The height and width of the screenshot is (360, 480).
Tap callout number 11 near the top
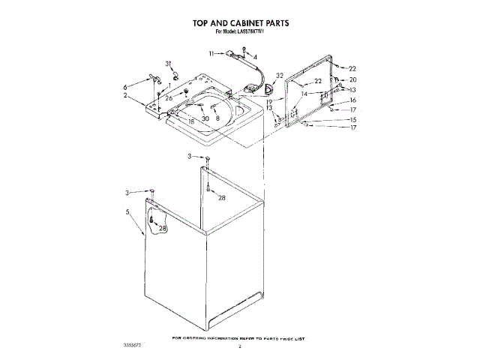pos(212,53)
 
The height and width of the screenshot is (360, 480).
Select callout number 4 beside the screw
pos(255,57)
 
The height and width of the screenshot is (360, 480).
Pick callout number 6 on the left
pos(125,87)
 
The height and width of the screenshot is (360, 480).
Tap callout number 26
pos(169,97)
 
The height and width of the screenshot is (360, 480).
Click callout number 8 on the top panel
pos(217,118)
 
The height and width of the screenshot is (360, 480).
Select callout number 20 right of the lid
pos(353,79)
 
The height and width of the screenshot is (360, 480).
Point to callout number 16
pos(353,100)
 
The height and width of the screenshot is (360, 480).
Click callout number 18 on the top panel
pos(191,121)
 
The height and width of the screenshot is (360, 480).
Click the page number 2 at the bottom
pos(240,346)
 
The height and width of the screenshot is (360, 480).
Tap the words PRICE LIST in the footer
pos(295,339)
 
